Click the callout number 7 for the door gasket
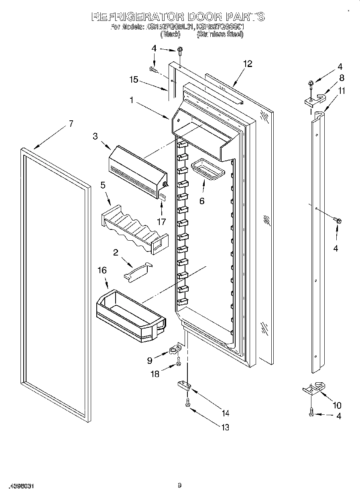coord(71,124)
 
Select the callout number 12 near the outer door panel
coord(248,64)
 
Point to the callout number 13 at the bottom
coord(225,427)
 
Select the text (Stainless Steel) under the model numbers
coord(220,35)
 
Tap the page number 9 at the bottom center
coord(180,486)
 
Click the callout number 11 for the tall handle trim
coord(341,91)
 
